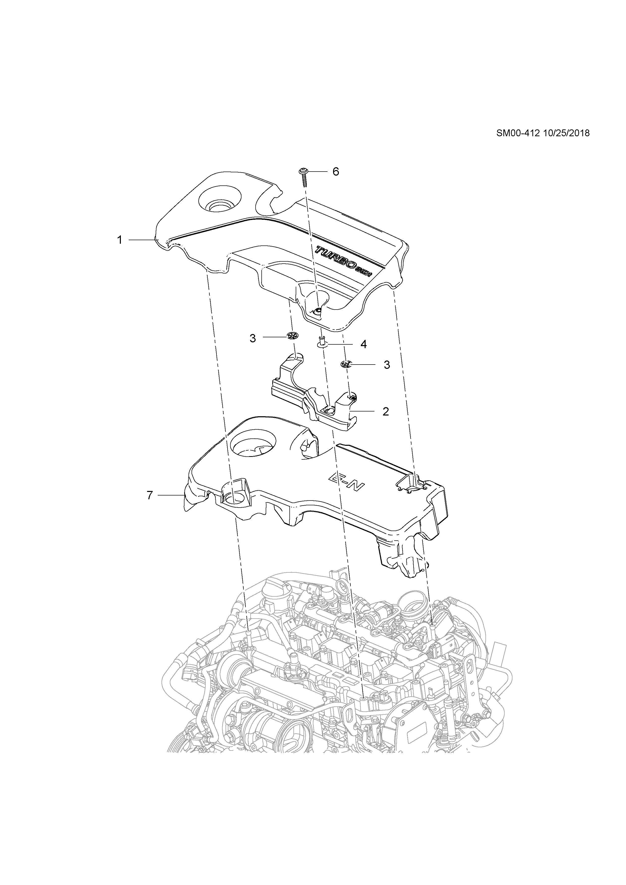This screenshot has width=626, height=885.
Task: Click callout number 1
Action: click(120, 240)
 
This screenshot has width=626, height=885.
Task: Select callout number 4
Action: click(364, 344)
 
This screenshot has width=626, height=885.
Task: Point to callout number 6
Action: click(336, 172)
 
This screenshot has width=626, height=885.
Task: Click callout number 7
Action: click(150, 495)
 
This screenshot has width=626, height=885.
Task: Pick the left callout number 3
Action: click(253, 338)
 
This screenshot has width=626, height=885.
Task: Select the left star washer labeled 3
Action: click(293, 336)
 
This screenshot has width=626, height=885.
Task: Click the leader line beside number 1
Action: click(142, 240)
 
